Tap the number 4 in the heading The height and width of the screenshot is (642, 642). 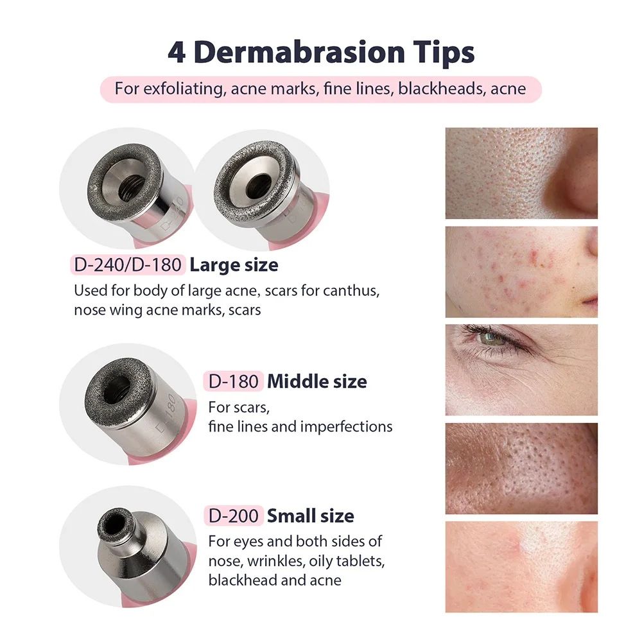click(x=176, y=52)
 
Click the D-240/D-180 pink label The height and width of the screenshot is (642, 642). click(x=127, y=265)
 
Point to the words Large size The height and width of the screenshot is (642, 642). click(x=234, y=265)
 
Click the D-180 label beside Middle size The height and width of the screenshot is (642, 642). click(x=234, y=381)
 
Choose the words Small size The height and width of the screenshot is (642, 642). click(x=310, y=516)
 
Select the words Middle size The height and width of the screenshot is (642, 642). click(x=317, y=381)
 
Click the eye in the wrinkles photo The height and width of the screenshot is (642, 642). click(x=494, y=338)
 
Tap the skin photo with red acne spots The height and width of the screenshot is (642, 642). click(x=521, y=271)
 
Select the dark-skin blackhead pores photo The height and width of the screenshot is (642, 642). click(x=521, y=468)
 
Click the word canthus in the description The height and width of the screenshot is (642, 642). click(x=352, y=290)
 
